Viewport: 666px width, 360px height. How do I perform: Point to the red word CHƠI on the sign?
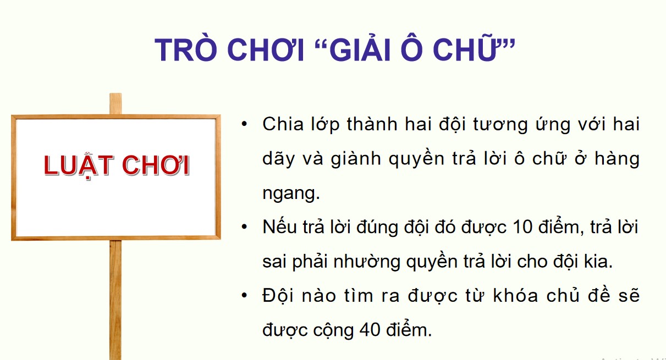[x=156, y=165]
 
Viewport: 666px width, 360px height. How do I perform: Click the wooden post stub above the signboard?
[x=115, y=104]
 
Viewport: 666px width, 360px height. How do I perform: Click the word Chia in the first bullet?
[x=283, y=124]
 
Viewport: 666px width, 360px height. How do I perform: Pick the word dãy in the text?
[x=278, y=159]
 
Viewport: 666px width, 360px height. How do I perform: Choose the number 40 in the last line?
[x=372, y=330]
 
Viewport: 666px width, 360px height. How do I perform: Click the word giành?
[x=359, y=159]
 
